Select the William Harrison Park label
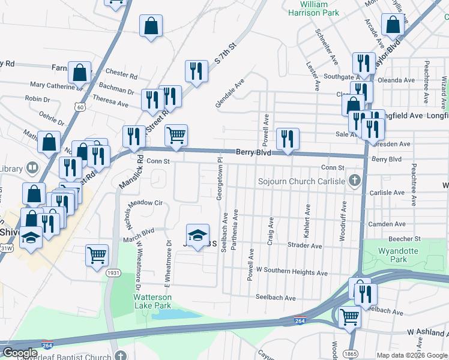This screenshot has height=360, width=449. pyautogui.click(x=314, y=8)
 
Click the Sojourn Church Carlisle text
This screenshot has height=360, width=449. pyautogui.click(x=301, y=181)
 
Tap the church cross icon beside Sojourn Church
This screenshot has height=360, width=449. pyautogui.click(x=355, y=180)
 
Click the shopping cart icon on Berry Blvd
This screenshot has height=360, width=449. pyautogui.click(x=176, y=136)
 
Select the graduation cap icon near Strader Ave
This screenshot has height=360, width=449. pyautogui.click(x=197, y=235)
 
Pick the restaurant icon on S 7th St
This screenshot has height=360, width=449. pyautogui.click(x=196, y=71)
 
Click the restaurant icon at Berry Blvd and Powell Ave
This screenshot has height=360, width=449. pyautogui.click(x=288, y=139)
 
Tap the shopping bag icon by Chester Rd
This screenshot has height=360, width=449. pyautogui.click(x=79, y=73)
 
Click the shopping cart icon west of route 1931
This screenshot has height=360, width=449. pyautogui.click(x=97, y=255)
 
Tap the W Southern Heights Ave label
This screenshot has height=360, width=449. pyautogui.click(x=292, y=272)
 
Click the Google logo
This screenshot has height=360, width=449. pyautogui.click(x=20, y=353)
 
